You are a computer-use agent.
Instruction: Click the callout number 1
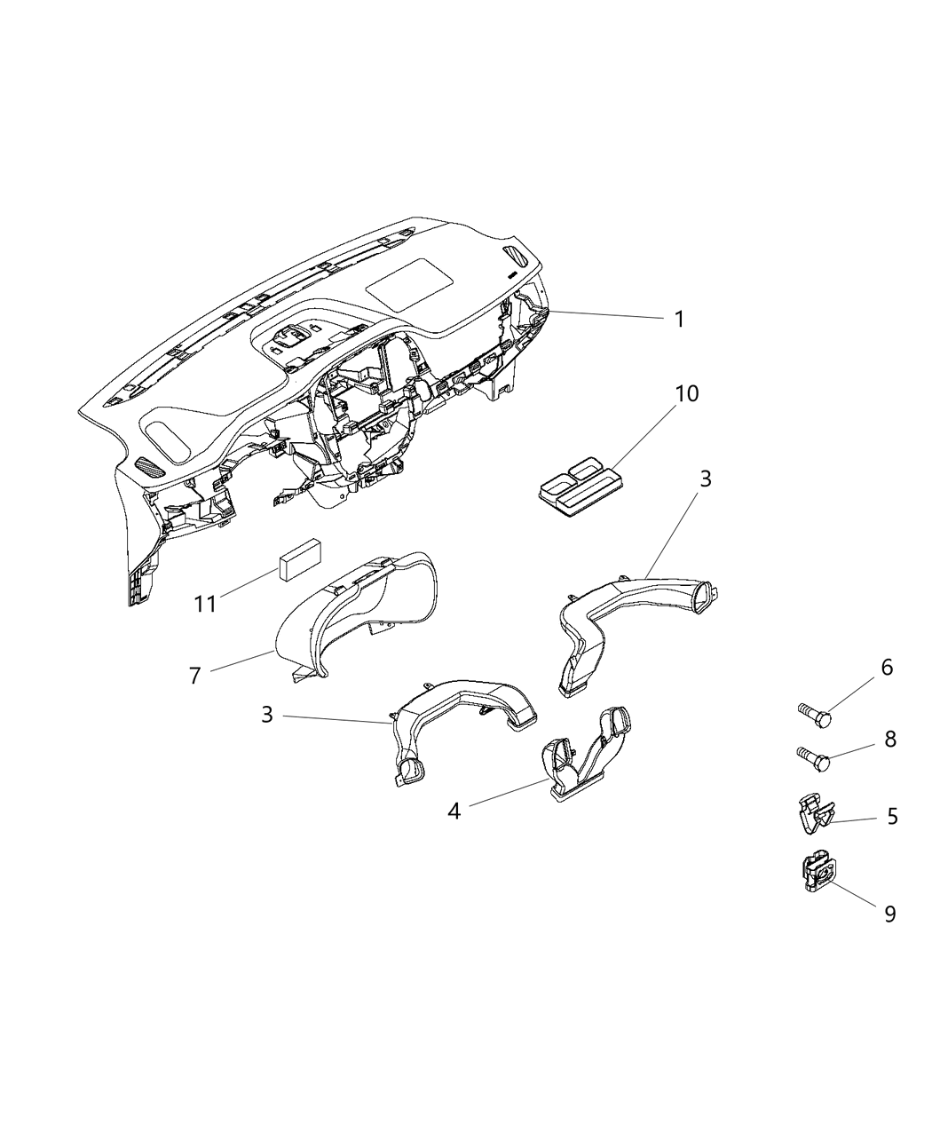679,320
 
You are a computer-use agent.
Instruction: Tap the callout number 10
686,394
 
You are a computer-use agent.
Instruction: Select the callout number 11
206,604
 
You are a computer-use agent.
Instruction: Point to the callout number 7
195,676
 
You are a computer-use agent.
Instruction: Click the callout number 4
454,826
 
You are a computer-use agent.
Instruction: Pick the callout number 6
887,668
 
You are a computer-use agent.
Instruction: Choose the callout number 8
890,739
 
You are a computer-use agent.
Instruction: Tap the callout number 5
892,831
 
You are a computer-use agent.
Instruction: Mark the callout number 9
890,914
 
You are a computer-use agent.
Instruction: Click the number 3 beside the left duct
267,715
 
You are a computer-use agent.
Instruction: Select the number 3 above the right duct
705,479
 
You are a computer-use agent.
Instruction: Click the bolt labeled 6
814,716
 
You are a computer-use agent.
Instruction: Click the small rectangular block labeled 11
300,559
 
